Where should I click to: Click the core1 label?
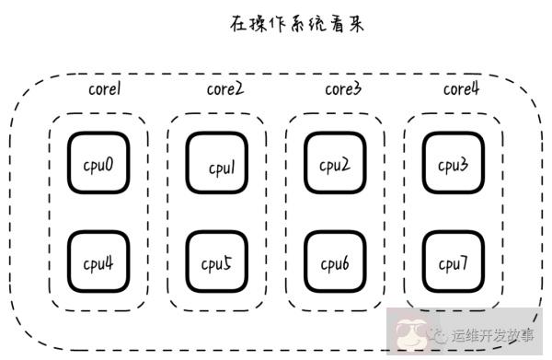[x=106, y=90]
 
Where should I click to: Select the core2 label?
[x=224, y=90]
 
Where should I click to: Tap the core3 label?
[x=342, y=90]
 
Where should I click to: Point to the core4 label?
[x=461, y=89]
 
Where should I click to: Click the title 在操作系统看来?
[x=297, y=24]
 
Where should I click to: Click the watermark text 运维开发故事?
[x=493, y=337]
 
